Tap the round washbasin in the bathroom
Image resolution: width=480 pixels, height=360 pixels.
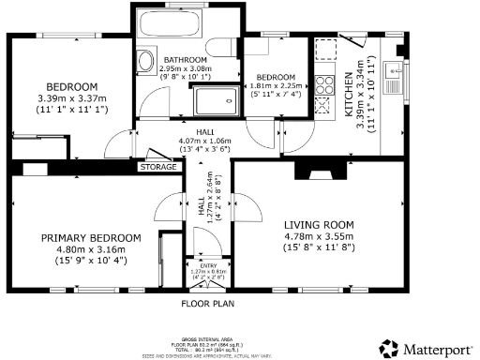pyautogui.click(x=145, y=62)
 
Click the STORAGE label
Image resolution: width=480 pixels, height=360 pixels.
pyautogui.click(x=157, y=166)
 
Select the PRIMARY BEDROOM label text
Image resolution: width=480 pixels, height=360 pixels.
pyautogui.click(x=91, y=237)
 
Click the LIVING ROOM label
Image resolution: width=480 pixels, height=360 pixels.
pyautogui.click(x=319, y=225)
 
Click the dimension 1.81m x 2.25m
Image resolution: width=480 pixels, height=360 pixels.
pyautogui.click(x=277, y=87)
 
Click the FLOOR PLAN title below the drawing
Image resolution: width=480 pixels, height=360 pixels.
pyautogui.click(x=208, y=304)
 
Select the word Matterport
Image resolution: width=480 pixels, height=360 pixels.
pyautogui.click(x=438, y=347)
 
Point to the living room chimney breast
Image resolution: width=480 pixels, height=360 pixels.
pyautogui.click(x=315, y=170)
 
